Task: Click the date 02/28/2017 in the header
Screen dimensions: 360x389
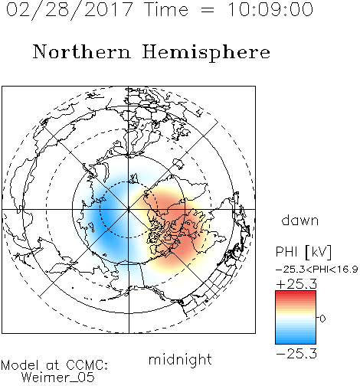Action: point(70,10)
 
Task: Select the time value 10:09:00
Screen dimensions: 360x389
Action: point(270,10)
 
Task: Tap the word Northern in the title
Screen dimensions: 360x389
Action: point(82,52)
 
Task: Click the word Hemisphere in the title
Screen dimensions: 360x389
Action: point(206,53)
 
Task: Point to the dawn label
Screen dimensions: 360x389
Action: point(300,220)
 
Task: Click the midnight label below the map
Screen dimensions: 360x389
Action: point(180,359)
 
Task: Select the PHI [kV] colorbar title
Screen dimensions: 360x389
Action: point(303,252)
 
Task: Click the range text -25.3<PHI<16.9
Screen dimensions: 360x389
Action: point(316,270)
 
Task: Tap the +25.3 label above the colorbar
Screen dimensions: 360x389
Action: point(296,284)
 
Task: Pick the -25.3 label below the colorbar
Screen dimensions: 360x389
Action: point(296,354)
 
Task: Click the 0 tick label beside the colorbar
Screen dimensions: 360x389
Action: point(322,319)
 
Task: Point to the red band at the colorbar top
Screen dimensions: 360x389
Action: point(296,294)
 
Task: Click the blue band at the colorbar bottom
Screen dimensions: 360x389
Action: point(296,341)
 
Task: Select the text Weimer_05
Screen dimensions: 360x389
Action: point(58,377)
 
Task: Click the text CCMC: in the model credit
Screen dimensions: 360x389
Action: point(87,365)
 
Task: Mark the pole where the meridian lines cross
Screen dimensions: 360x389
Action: point(129,209)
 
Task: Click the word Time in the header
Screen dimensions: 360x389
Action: point(166,10)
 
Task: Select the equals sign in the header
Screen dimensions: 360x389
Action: point(208,10)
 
